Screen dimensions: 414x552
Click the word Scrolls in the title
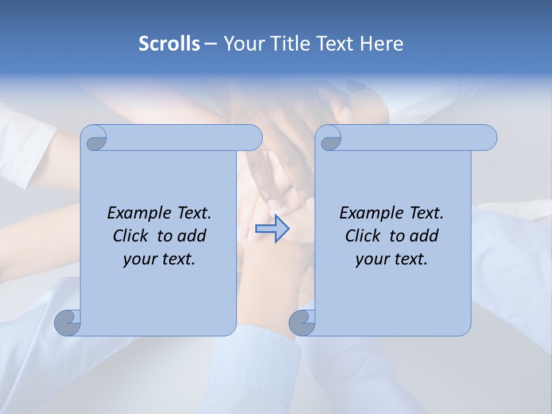pyautogui.click(x=170, y=44)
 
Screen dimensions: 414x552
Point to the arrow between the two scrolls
pyautogui.click(x=272, y=228)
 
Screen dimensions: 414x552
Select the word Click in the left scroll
pyautogui.click(x=131, y=236)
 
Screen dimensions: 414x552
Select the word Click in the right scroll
pyautogui.click(x=363, y=236)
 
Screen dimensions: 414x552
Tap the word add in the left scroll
pyautogui.click(x=191, y=236)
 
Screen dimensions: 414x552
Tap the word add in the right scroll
pyautogui.click(x=424, y=236)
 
